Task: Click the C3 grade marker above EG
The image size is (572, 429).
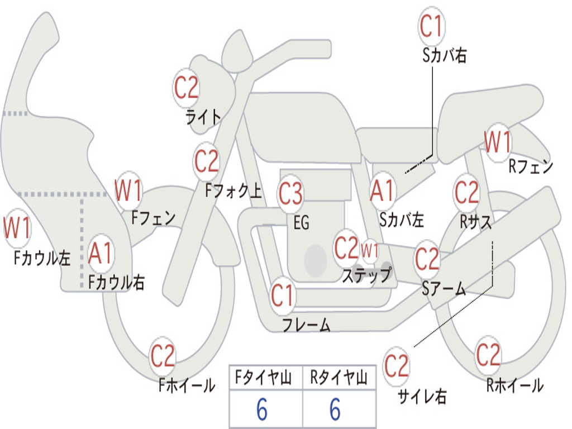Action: click(x=290, y=193)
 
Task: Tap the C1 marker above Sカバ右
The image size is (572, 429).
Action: click(x=432, y=26)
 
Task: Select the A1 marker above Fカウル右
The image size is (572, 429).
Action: click(x=100, y=253)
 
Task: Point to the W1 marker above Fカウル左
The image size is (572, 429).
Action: click(x=17, y=228)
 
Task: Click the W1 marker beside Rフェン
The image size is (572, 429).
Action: click(x=498, y=142)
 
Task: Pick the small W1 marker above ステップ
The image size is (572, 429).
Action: click(x=370, y=251)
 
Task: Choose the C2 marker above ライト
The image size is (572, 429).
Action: click(x=186, y=88)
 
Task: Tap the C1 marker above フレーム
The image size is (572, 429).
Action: click(x=282, y=295)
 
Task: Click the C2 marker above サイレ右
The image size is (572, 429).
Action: click(x=397, y=366)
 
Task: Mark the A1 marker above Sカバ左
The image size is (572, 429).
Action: click(x=383, y=191)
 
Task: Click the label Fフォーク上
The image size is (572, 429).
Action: click(x=233, y=190)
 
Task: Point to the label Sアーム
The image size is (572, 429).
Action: click(x=444, y=288)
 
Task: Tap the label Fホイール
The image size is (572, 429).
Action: click(x=187, y=385)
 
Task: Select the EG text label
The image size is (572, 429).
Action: click(x=301, y=222)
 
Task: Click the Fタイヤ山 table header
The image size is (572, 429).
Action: click(x=264, y=378)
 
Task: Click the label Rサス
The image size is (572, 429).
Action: click(x=475, y=221)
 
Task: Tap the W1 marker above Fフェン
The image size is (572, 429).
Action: click(x=128, y=190)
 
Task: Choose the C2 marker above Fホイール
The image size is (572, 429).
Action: click(x=163, y=356)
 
